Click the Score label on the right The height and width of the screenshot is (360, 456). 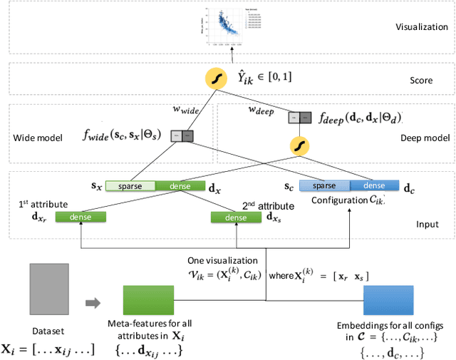pyautogui.click(x=422, y=81)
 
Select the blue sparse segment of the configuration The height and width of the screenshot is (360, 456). pyautogui.click(x=324, y=185)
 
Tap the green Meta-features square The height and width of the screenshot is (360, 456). pyautogui.click(x=144, y=302)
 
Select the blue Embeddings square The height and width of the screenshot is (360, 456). pyautogui.click(x=383, y=302)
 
